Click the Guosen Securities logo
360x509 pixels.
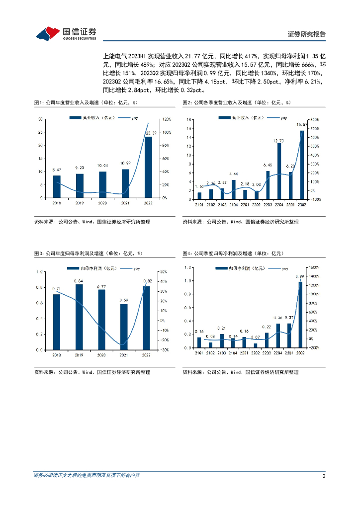[66, 33]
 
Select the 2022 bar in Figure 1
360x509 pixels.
[148, 167]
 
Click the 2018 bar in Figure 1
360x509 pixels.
[57, 186]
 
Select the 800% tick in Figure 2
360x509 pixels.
[315, 120]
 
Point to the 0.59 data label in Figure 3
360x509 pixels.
[123, 300]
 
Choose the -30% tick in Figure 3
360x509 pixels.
[162, 350]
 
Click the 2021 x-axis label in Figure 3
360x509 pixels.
[124, 355]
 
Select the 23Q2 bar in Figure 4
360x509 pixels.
[300, 315]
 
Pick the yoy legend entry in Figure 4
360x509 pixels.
[281, 268]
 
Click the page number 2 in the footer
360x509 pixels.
[324, 476]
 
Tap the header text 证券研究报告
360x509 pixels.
[307, 34]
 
